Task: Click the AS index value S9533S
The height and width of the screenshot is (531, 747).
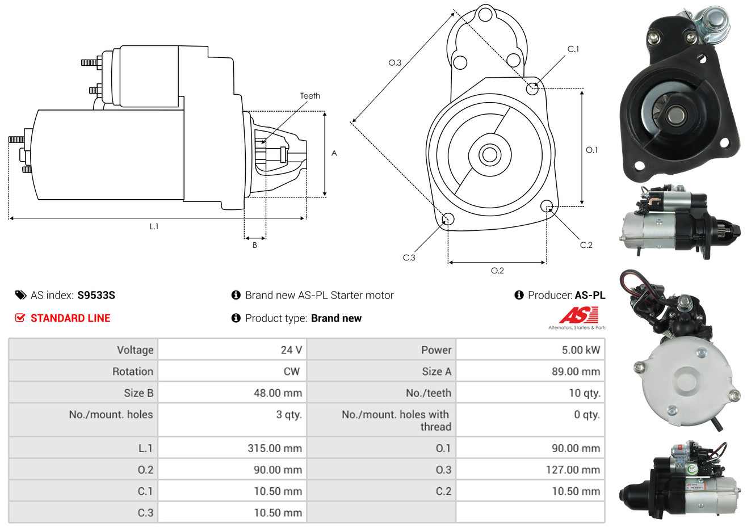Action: click(x=96, y=296)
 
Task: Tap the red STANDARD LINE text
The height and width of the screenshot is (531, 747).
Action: click(x=70, y=318)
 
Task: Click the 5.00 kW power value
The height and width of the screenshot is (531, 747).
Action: click(x=581, y=350)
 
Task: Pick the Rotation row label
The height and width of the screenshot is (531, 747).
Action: click(x=133, y=372)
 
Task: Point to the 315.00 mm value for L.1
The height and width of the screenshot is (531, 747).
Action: click(x=275, y=448)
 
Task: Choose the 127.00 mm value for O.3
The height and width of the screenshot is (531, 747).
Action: click(x=573, y=470)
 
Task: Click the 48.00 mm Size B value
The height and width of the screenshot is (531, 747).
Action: click(x=278, y=393)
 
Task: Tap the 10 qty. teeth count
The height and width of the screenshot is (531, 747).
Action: click(x=584, y=393)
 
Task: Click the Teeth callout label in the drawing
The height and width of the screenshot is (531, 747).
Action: click(x=310, y=96)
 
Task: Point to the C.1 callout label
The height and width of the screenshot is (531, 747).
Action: click(x=573, y=49)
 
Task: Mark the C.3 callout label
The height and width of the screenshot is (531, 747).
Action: click(x=409, y=258)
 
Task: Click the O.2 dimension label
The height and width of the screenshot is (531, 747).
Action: click(x=497, y=271)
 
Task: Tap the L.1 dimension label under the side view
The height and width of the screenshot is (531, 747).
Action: click(x=154, y=227)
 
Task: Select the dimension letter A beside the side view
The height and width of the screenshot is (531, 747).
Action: click(x=334, y=153)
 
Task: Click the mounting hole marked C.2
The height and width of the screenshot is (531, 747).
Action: click(x=546, y=206)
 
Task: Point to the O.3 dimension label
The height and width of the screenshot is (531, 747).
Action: click(x=395, y=62)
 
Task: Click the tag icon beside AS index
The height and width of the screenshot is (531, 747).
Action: click(x=20, y=295)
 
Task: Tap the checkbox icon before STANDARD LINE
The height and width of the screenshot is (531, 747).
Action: click(x=20, y=318)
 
